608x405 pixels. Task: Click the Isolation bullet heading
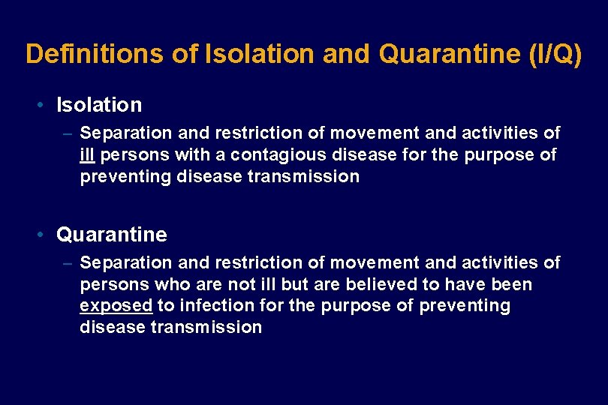click(99, 105)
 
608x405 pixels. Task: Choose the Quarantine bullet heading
click(112, 235)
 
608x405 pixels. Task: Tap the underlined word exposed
click(116, 306)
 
